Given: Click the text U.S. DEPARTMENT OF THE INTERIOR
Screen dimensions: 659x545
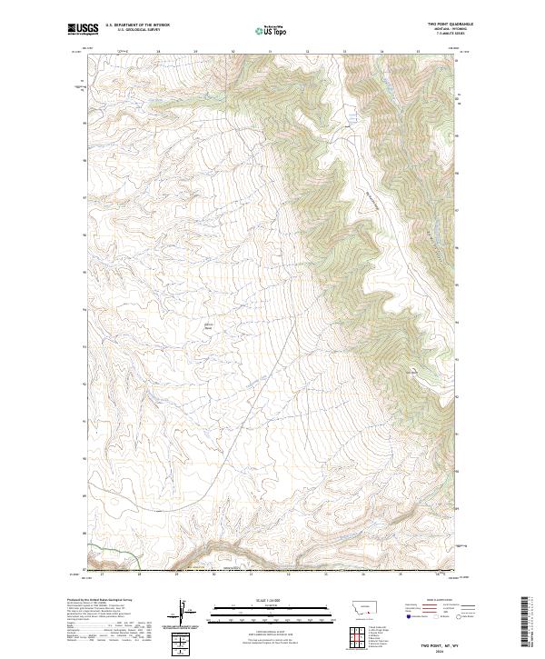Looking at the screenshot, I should click(x=137, y=25).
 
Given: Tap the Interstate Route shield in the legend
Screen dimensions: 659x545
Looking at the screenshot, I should click(x=408, y=617).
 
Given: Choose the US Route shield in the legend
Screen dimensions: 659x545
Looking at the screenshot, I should click(x=435, y=617).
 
